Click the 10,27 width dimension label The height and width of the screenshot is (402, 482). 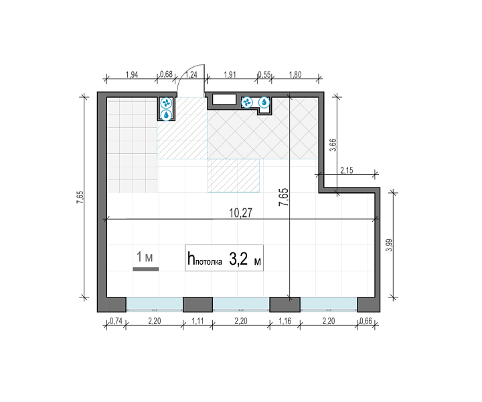[241, 213]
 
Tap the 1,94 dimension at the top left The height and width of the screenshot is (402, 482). [132, 75]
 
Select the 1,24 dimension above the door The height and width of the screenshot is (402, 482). [191, 75]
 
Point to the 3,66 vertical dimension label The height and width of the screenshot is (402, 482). [333, 145]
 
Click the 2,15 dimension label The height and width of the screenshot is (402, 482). [347, 170]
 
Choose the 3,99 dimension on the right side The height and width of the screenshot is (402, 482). [389, 245]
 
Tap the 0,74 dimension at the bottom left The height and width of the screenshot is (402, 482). [116, 321]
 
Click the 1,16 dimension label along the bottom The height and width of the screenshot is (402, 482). [285, 321]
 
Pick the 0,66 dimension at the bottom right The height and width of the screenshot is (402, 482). [366, 321]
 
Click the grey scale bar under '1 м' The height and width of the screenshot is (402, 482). [146, 269]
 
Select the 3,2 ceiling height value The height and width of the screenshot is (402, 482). [238, 260]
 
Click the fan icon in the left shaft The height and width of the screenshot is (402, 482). [166, 103]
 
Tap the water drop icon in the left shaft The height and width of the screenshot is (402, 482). [166, 115]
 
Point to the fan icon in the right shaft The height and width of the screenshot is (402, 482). [247, 103]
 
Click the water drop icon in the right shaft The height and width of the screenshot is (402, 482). [264, 103]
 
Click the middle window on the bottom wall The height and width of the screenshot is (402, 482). [241, 304]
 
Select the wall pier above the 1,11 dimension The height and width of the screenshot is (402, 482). [197, 304]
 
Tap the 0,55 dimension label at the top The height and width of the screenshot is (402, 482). [264, 75]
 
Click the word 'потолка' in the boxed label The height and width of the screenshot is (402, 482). [209, 262]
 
